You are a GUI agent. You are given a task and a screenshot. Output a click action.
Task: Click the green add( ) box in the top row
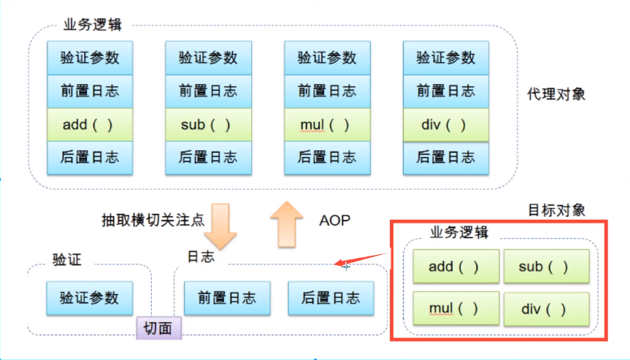point(91,124)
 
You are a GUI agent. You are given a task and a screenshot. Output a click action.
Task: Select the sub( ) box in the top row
point(208,124)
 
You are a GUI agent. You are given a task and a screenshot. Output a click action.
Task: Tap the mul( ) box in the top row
point(327,124)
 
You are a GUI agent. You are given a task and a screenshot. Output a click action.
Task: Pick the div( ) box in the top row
point(445,124)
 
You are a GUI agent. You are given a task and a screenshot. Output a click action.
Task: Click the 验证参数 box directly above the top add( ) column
point(91,58)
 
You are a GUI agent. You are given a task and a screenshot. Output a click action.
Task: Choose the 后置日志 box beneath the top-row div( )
point(445,157)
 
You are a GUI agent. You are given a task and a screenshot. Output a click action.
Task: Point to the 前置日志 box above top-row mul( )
point(327,91)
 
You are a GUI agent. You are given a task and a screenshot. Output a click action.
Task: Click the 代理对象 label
point(556,95)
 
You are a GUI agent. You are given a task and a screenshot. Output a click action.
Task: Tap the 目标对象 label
point(557,210)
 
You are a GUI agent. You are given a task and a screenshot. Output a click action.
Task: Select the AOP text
point(334,220)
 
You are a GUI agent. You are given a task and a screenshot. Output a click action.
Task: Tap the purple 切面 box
point(158,329)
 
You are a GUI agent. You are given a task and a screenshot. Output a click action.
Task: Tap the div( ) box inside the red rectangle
point(545,309)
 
